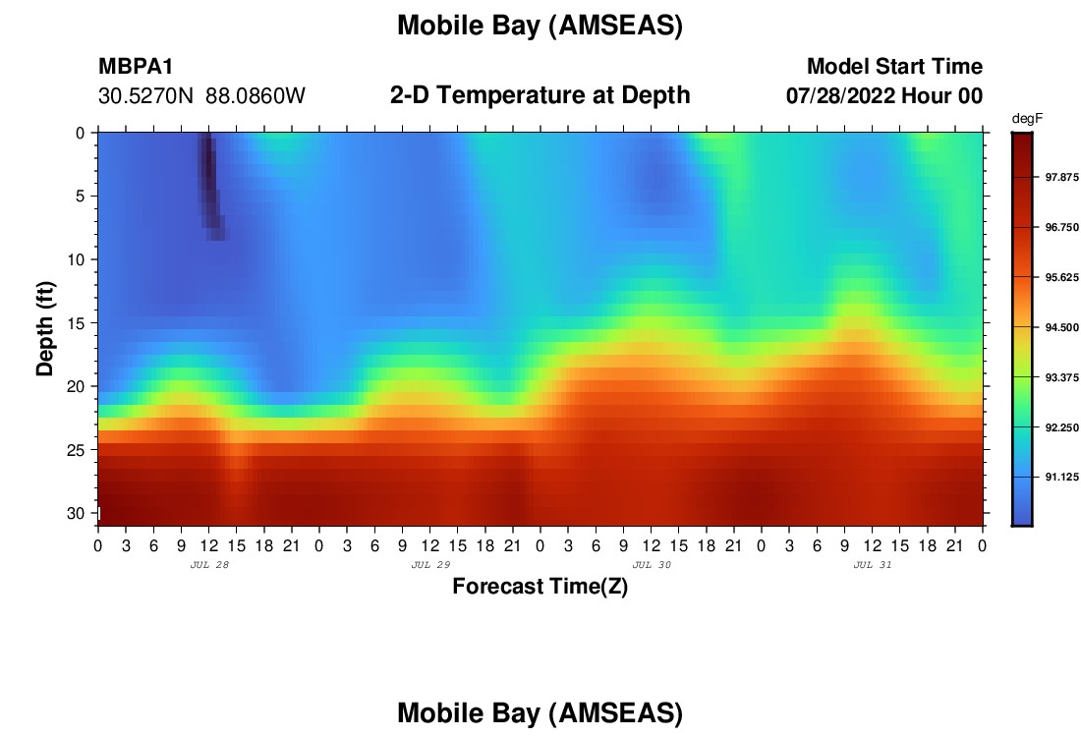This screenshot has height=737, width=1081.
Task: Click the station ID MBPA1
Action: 136,66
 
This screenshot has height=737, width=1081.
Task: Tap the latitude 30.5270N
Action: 145,96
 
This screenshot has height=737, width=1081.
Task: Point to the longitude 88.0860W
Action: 256,96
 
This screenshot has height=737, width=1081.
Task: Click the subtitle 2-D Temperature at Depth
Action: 540,95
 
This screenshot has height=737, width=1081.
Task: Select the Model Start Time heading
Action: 895,66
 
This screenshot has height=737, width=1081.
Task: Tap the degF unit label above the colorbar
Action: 1027,119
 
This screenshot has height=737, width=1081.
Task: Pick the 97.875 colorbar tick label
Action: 1061,177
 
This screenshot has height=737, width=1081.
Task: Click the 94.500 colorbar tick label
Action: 1061,327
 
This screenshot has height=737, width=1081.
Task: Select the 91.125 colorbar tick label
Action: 1061,478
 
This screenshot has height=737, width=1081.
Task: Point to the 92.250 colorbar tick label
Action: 1061,427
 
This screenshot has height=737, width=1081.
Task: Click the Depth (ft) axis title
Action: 45,328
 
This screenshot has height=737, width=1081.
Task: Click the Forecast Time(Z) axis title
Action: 540,586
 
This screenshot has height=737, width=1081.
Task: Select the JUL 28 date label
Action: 209,565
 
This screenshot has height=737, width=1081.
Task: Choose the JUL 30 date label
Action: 652,565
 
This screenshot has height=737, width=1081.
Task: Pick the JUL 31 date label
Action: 873,565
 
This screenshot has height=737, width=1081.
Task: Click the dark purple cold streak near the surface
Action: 209,185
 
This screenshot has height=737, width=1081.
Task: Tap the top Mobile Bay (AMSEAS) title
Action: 540,26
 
